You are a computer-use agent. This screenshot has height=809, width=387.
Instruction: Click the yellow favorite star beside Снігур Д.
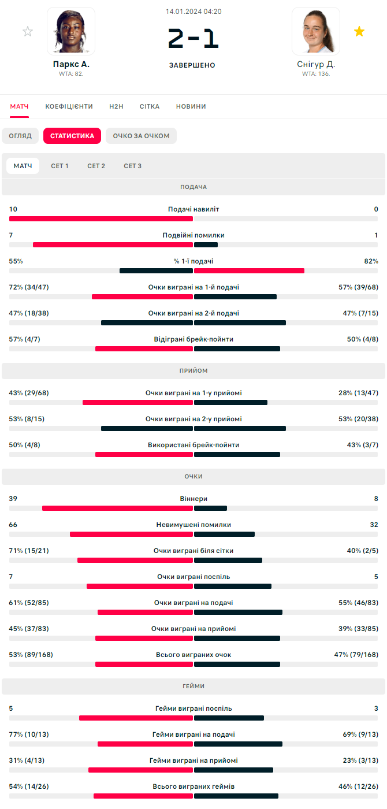tap(359, 31)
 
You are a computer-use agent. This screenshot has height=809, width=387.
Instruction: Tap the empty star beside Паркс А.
tap(28, 31)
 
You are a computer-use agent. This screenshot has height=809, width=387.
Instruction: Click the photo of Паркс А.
tap(71, 31)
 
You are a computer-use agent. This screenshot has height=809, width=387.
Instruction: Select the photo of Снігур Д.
tap(316, 31)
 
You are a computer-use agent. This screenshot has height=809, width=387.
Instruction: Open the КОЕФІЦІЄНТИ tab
tap(69, 106)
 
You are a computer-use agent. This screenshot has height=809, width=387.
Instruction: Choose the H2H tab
tap(116, 106)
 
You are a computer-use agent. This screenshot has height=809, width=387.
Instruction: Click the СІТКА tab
tap(150, 106)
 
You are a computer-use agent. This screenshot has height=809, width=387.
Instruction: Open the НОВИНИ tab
tap(191, 106)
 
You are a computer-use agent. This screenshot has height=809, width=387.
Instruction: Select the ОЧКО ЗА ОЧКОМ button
tap(141, 136)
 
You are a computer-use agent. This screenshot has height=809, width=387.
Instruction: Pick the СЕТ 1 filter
tap(59, 166)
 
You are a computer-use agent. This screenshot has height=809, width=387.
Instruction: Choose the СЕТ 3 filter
tap(132, 166)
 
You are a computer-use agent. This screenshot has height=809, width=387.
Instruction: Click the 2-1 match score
tap(193, 39)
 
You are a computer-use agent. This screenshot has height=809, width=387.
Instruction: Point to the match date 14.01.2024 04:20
tap(193, 12)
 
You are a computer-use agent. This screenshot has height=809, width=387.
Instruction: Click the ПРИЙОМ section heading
tap(193, 370)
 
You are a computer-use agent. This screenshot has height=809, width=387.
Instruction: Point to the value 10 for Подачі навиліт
tap(13, 209)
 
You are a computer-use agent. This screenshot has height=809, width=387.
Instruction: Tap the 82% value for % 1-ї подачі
tap(371, 261)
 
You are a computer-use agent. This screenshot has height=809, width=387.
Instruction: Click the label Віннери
tap(193, 499)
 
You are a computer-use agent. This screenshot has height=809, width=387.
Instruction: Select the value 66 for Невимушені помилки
tap(13, 525)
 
